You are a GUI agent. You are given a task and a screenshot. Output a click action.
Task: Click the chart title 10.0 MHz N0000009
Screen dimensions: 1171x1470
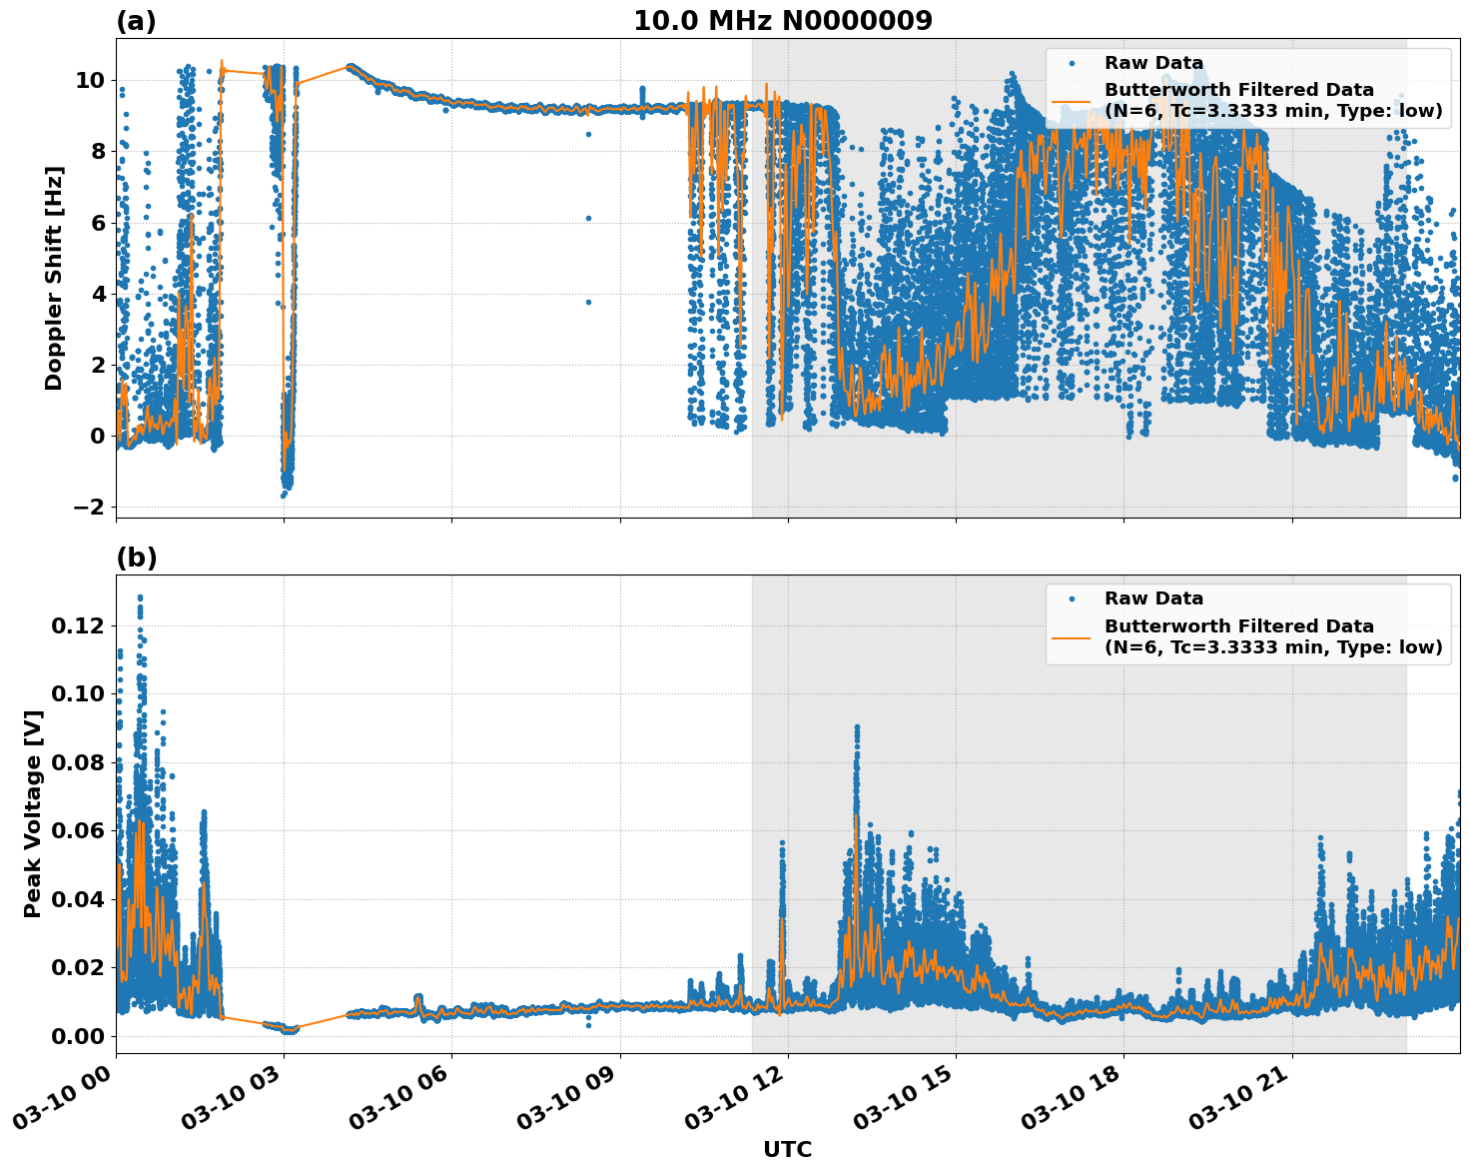[x=782, y=21]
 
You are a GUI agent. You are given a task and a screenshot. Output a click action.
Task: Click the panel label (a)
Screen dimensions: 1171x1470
[x=136, y=21]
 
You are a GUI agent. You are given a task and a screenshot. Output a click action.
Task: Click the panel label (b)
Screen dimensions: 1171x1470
[x=136, y=558]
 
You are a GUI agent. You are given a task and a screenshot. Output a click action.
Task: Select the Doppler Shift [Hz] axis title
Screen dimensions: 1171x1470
[x=54, y=278]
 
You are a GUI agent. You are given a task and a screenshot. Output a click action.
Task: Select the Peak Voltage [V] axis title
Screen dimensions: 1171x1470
[x=33, y=813]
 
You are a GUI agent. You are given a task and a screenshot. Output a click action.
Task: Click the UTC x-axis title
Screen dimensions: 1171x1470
[x=787, y=1149]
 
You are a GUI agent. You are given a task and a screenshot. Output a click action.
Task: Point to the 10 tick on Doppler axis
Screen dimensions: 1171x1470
[x=89, y=80]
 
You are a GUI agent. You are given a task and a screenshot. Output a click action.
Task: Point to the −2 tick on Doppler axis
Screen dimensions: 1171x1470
[x=89, y=507]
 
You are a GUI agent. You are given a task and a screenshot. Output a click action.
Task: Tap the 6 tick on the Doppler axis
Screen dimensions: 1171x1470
[x=97, y=223]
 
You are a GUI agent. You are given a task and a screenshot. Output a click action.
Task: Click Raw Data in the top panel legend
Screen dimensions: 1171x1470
[x=1153, y=63]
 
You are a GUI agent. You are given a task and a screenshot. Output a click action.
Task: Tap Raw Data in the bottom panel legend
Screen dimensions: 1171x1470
[x=1153, y=598]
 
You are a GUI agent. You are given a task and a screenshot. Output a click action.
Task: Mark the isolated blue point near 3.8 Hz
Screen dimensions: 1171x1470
[x=588, y=302]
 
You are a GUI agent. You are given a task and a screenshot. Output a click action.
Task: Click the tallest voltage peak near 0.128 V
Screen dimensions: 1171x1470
[x=140, y=597]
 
